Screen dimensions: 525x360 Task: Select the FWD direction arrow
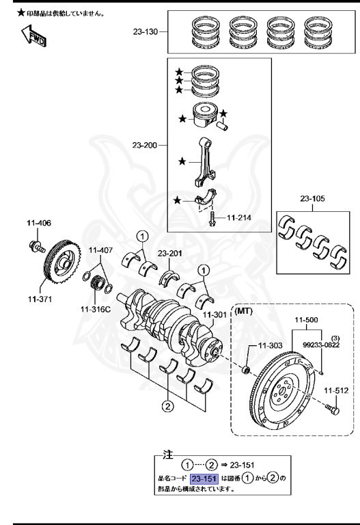[33, 37]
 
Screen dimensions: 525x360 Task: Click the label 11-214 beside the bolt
[240, 218]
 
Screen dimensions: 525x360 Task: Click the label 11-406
[39, 223]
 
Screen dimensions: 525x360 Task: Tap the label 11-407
[100, 250]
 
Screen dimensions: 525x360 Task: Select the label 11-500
[307, 320]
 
